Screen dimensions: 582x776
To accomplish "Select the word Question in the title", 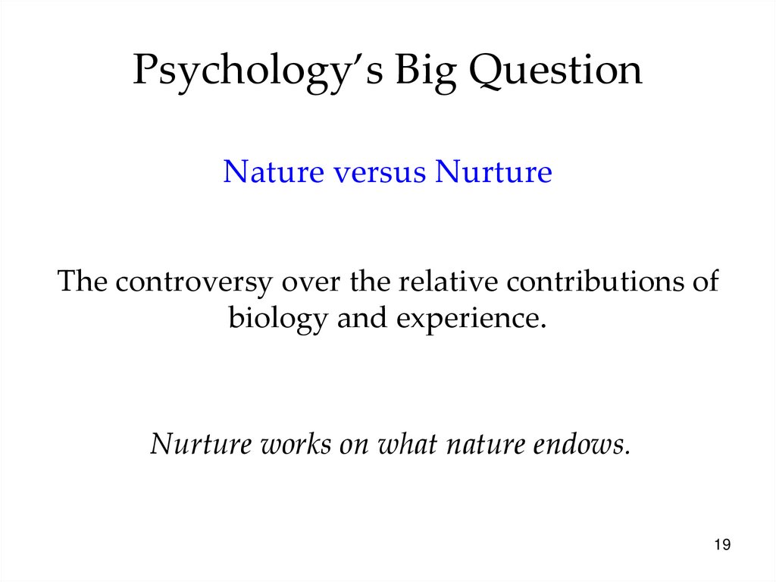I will (x=554, y=72).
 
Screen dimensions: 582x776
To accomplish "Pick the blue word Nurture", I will (x=493, y=172).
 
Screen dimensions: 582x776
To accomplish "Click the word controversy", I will (x=193, y=282).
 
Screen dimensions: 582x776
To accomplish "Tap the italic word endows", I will (x=584, y=443).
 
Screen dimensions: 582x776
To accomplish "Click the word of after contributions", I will (x=704, y=282).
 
